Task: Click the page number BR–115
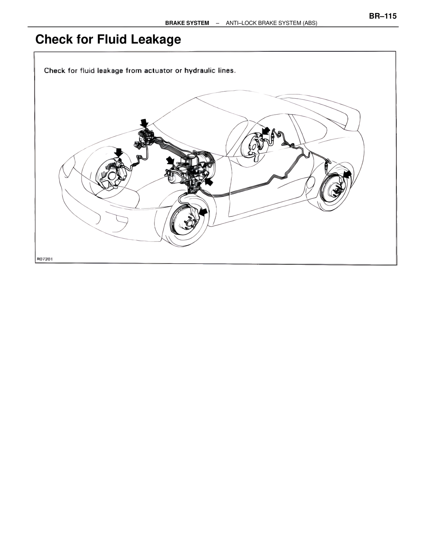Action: pyautogui.click(x=383, y=16)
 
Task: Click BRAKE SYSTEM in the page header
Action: pyautogui.click(x=187, y=23)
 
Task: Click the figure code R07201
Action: pyautogui.click(x=45, y=259)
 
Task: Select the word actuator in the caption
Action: pyautogui.click(x=158, y=71)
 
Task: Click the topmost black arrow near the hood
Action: pyautogui.click(x=144, y=123)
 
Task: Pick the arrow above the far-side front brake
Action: pyautogui.click(x=118, y=153)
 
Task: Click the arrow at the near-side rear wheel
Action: pyautogui.click(x=347, y=175)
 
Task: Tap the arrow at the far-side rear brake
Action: pyautogui.click(x=266, y=131)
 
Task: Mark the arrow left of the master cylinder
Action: pyautogui.click(x=170, y=161)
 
